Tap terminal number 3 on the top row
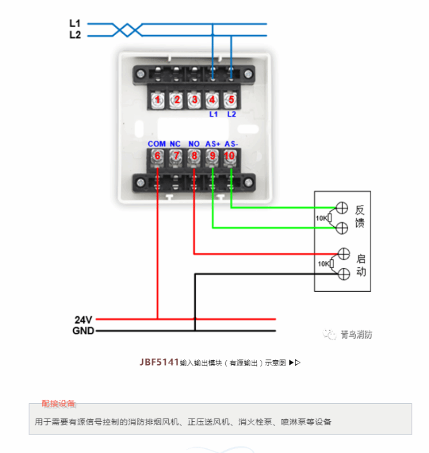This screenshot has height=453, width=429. (x=194, y=100)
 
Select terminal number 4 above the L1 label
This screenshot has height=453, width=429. (x=213, y=100)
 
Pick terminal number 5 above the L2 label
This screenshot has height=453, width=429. (x=230, y=100)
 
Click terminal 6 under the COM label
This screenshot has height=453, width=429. (x=157, y=157)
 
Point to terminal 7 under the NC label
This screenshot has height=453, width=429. (x=175, y=157)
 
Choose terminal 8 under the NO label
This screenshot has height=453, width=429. (x=194, y=157)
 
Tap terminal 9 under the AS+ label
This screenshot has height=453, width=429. (x=213, y=157)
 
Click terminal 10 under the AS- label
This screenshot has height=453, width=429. (x=230, y=157)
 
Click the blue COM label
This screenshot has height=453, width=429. (x=157, y=144)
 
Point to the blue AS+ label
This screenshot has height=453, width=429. (x=213, y=144)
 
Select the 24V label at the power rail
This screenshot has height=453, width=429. (x=83, y=318)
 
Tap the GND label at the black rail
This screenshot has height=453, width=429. (x=83, y=330)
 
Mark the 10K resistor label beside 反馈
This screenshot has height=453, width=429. (x=321, y=218)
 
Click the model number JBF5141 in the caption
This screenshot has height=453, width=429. (x=159, y=362)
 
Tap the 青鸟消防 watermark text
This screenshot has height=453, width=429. (x=356, y=335)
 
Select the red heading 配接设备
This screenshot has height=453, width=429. (x=58, y=403)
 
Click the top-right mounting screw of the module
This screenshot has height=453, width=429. (x=248, y=74)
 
